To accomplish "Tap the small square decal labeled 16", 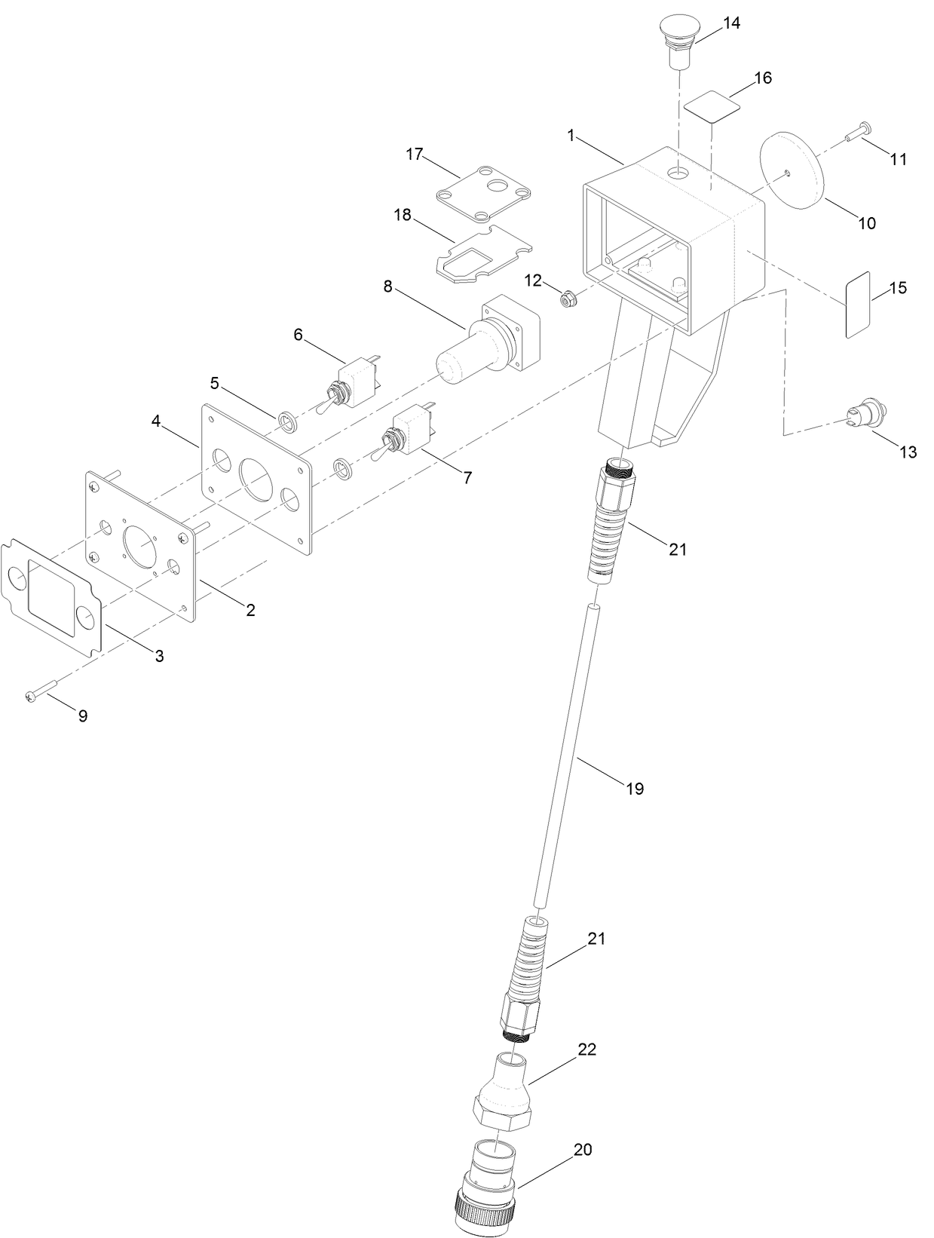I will point(711,105).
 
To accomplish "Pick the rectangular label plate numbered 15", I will point(857,305).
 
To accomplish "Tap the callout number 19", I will point(634,789).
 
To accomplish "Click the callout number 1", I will point(571,136).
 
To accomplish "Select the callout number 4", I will point(156,421).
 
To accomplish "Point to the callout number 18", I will point(402,215).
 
